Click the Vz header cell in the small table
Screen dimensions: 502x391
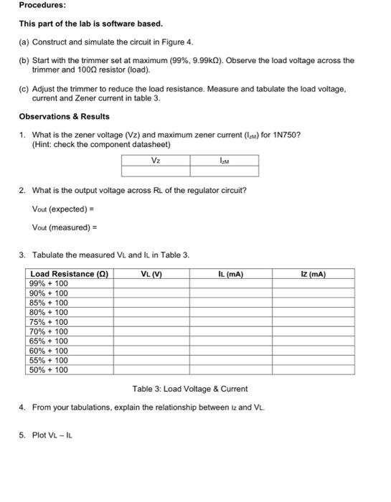155,161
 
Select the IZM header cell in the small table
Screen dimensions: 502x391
224,161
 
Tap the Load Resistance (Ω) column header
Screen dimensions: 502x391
69,273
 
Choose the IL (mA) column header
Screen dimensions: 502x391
230,273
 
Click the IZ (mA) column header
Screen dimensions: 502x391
314,273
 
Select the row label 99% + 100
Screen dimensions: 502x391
49,283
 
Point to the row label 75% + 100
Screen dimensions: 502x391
49,322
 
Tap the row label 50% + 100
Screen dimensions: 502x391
49,370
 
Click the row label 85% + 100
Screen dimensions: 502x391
49,303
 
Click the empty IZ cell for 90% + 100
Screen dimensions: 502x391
314,293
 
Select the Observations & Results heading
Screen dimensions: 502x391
64,116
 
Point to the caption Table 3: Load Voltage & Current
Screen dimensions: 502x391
190,389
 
